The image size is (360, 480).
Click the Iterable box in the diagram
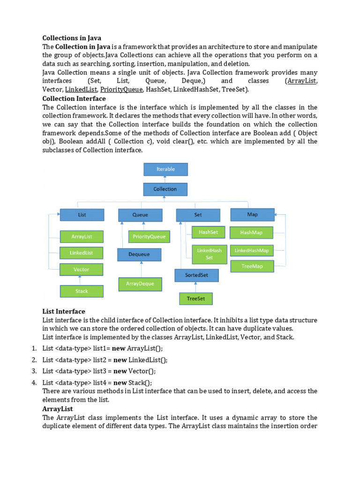pyautogui.click(x=165, y=169)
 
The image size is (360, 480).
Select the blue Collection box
pyautogui.click(x=165, y=189)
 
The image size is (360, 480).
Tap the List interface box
pyautogui.click(x=82, y=215)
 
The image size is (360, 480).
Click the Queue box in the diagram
pyautogui.click(x=140, y=215)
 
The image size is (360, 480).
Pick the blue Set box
pyautogui.click(x=198, y=215)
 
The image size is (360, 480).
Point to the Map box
pyautogui.click(x=252, y=214)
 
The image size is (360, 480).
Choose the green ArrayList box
pyautogui.click(x=82, y=237)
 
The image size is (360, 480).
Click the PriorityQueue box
pyautogui.click(x=149, y=237)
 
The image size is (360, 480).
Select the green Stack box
pyautogui.click(x=82, y=291)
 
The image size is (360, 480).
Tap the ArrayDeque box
pyautogui.click(x=140, y=284)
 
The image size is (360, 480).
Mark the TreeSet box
pyautogui.click(x=196, y=299)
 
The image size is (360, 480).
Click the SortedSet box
pyautogui.click(x=196, y=275)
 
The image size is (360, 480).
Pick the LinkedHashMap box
pyautogui.click(x=252, y=250)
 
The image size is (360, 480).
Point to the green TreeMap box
pyautogui.click(x=252, y=266)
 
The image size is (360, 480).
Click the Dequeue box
pyautogui.click(x=139, y=255)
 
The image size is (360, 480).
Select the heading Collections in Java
pyautogui.click(x=72, y=38)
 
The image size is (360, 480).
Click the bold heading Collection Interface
pyautogui.click(x=74, y=98)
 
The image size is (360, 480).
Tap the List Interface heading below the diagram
pyautogui.click(x=64, y=311)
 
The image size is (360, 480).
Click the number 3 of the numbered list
pyautogui.click(x=34, y=371)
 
